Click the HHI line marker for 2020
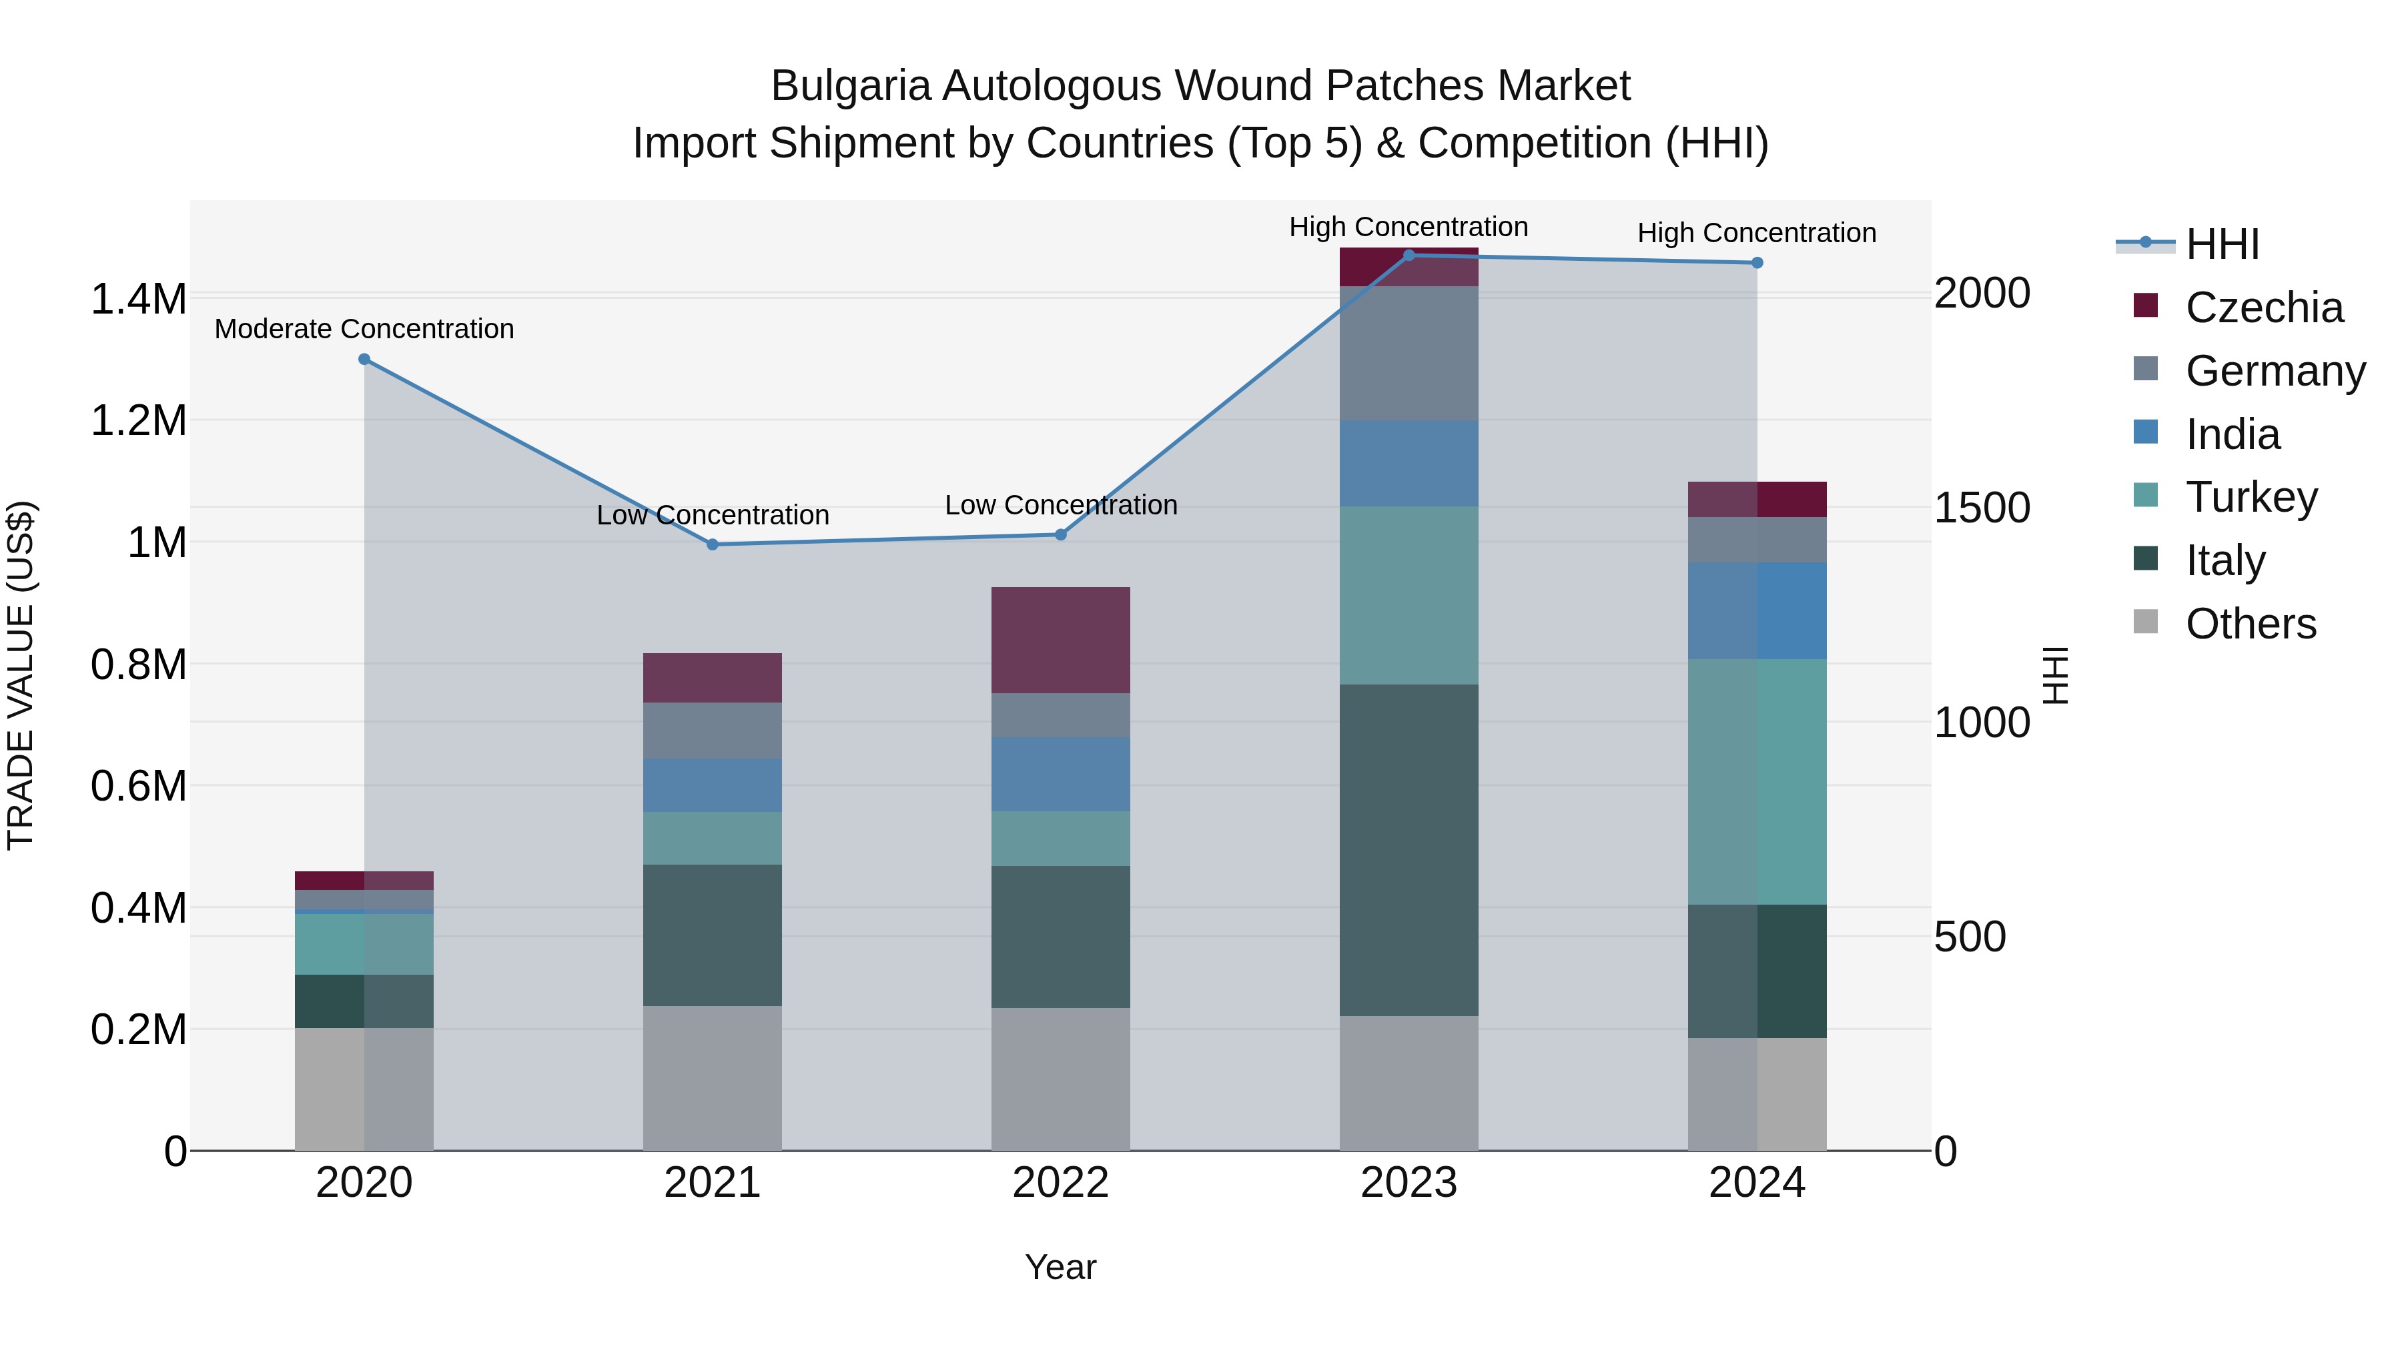click(364, 359)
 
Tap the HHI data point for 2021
click(713, 544)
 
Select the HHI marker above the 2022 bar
click(1060, 534)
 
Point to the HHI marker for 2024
click(1757, 263)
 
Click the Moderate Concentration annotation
click(364, 329)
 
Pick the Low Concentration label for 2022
click(1060, 505)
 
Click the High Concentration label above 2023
click(1408, 227)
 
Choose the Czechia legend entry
click(2263, 308)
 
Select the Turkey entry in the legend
click(2251, 497)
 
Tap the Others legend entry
click(2250, 624)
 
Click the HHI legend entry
click(2222, 244)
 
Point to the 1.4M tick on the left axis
click(138, 300)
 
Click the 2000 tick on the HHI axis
click(1982, 293)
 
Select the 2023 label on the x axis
click(1408, 1183)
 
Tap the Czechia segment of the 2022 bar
click(1060, 640)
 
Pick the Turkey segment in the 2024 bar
click(1757, 781)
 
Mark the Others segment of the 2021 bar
click(713, 1078)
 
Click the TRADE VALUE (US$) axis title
click(21, 675)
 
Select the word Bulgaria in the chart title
click(851, 86)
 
